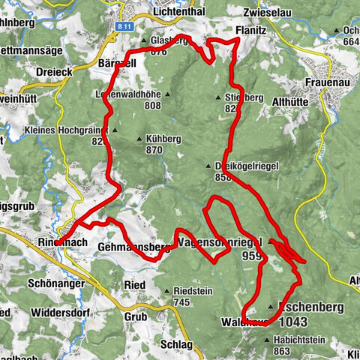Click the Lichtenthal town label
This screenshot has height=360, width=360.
click(x=157, y=12)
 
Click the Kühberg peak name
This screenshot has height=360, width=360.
click(x=165, y=139)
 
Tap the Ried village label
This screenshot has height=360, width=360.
click(x=135, y=286)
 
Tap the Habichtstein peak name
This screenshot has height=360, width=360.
click(x=299, y=340)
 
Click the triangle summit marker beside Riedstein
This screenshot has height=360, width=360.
click(x=166, y=291)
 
